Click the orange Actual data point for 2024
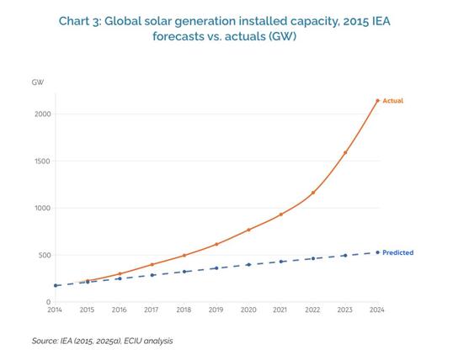[377, 101]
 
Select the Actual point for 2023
[345, 152]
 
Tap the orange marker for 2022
[313, 193]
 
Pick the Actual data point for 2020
[248, 230]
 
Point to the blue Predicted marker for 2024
[377, 252]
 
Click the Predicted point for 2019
[216, 268]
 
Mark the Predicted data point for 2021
[281, 262]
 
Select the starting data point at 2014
[56, 285]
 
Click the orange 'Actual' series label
[392, 101]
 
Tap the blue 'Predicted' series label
[397, 252]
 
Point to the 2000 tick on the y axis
[43, 114]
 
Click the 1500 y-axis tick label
[43, 161]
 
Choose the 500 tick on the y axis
[45, 255]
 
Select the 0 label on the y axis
[49, 302]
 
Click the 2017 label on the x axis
[152, 310]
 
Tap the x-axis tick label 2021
[280, 310]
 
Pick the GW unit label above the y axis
[38, 82]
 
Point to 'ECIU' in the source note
[132, 341]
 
